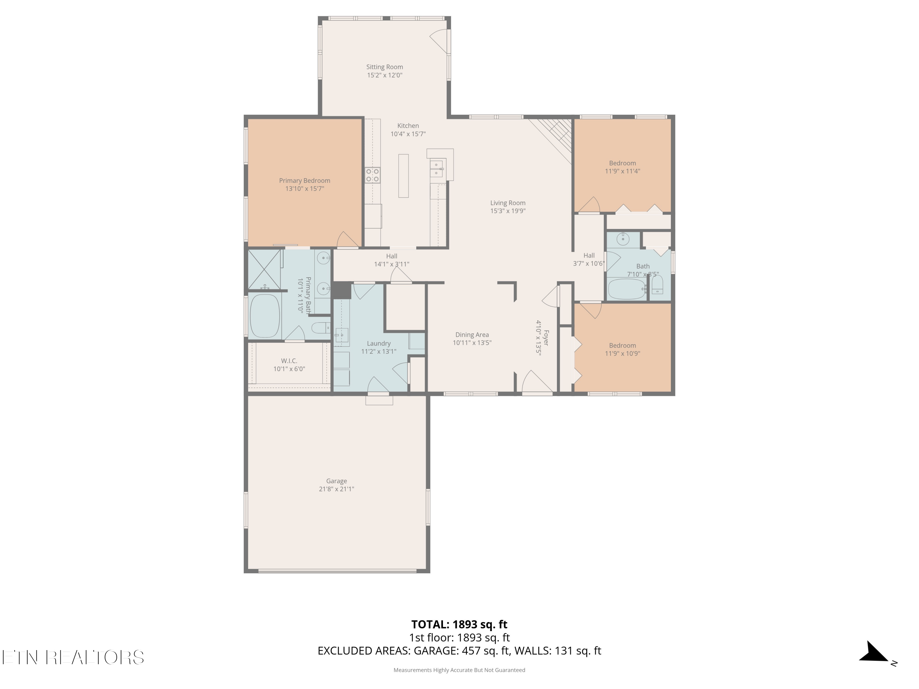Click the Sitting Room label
384,67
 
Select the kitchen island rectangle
403,176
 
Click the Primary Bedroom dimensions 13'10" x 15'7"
304,189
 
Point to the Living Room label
508,203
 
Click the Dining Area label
472,335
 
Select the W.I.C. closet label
289,360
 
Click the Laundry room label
379,344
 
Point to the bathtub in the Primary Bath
265,316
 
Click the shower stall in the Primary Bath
265,269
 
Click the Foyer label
546,338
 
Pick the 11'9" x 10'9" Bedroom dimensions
622,353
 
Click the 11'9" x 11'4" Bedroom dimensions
622,171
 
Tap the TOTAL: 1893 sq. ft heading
459,624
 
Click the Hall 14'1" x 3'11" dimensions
391,264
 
